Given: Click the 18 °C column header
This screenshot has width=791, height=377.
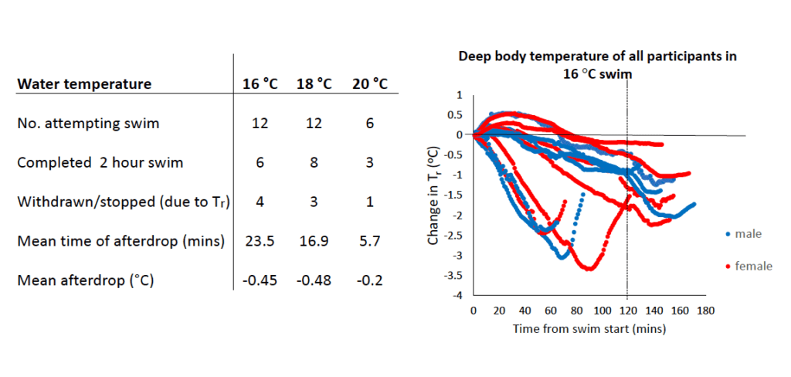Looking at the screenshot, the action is click(x=314, y=84).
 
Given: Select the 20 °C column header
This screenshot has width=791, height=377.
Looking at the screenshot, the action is click(x=370, y=84).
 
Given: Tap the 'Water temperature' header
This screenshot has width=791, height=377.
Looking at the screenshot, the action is click(x=84, y=84).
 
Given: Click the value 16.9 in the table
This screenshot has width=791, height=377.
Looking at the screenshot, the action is click(x=314, y=241).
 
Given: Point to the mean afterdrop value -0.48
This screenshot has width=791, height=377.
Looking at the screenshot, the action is click(x=314, y=280).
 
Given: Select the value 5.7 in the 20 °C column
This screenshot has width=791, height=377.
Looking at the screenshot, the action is click(x=370, y=241).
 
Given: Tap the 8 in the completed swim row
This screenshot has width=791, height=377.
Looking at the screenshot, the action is click(x=314, y=164).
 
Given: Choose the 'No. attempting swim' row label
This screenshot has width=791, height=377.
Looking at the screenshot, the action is click(x=88, y=124).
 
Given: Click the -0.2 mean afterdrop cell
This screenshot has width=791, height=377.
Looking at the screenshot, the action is click(x=370, y=280).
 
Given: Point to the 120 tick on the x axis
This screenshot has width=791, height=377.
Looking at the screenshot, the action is click(x=627, y=311).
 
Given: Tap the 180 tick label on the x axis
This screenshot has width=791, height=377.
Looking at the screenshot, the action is click(x=705, y=311).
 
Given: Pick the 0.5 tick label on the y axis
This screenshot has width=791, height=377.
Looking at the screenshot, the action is click(x=455, y=114).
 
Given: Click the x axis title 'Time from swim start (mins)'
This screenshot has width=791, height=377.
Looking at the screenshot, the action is click(x=589, y=329).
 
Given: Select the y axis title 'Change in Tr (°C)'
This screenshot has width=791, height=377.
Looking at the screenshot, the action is click(x=434, y=196).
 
